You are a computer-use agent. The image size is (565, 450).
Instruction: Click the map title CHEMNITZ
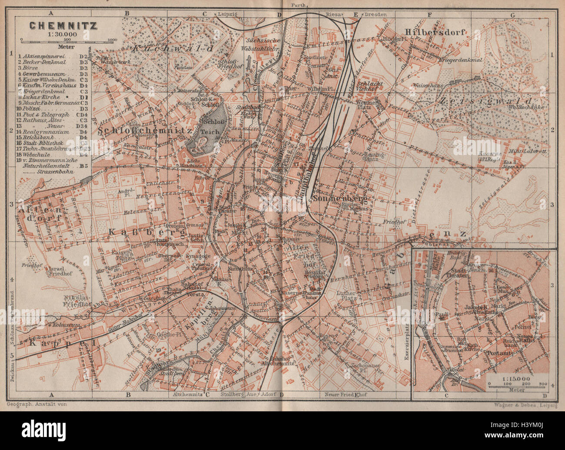(63, 25)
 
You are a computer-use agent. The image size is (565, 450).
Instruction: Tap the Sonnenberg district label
(339, 199)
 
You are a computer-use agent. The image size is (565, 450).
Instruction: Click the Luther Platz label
(347, 295)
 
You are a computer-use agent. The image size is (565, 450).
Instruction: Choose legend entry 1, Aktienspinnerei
(46, 56)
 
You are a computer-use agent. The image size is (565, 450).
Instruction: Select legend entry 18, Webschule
(42, 154)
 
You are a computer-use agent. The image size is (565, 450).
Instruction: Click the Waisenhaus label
(429, 86)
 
